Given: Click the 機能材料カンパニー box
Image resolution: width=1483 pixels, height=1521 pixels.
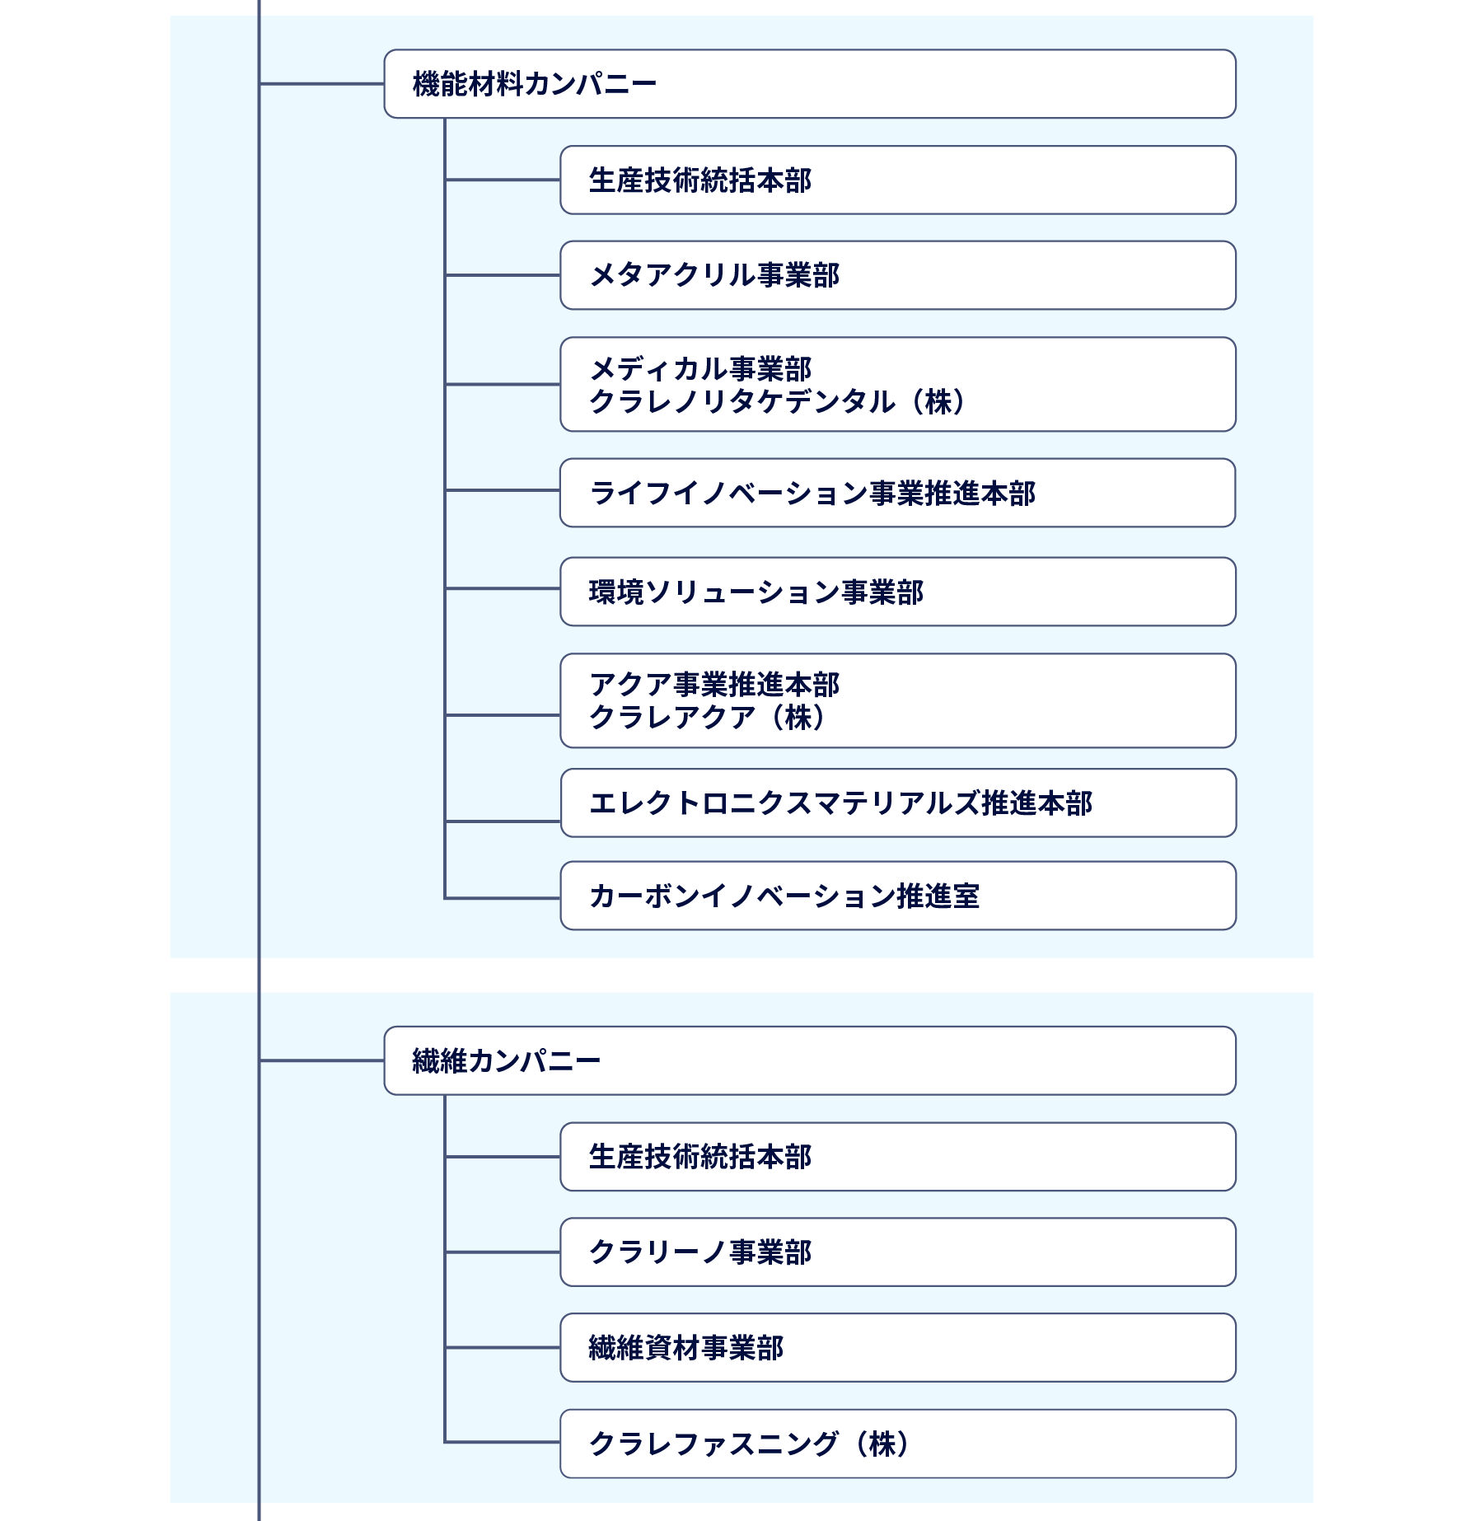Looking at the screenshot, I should [809, 84].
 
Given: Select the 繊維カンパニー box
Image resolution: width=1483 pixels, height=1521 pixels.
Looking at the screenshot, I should [809, 1060].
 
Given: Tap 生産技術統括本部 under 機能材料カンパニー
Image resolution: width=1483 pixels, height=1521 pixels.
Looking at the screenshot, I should [897, 180].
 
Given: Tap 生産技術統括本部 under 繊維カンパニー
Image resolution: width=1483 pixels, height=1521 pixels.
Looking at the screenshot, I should [897, 1157].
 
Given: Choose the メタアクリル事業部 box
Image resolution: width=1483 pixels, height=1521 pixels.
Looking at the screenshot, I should [897, 275].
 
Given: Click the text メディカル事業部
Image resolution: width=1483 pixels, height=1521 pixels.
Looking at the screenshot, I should [700, 368].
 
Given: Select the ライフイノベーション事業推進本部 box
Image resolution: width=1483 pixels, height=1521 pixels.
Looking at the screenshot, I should [897, 493].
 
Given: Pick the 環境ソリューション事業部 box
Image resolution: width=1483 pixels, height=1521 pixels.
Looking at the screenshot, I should [897, 592].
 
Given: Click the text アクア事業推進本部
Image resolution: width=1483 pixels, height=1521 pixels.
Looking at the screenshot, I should [714, 685].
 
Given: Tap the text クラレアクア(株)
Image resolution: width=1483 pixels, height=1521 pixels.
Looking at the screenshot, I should [707, 718].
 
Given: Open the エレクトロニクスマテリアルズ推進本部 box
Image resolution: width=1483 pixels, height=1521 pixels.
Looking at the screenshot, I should [897, 803].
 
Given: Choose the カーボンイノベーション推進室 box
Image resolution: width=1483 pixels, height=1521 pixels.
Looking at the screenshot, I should [897, 896].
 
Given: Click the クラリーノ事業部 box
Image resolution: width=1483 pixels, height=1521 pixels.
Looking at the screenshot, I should [897, 1252].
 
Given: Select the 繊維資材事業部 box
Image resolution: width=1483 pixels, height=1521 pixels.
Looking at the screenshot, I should [897, 1348].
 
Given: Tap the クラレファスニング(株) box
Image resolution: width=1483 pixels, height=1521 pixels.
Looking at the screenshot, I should [897, 1444].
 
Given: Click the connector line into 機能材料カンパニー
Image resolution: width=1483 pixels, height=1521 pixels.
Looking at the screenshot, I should [321, 84].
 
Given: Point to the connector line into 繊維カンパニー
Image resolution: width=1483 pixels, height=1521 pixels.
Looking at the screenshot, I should [321, 1061].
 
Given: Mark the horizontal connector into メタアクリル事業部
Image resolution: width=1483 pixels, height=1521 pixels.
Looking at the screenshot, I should [503, 275].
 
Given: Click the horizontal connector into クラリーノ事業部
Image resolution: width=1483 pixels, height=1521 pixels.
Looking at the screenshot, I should [503, 1252].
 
